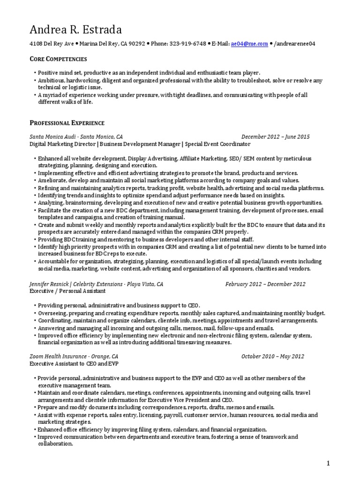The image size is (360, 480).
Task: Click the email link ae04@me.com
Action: (x=249, y=44)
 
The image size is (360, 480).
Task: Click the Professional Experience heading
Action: (x=67, y=123)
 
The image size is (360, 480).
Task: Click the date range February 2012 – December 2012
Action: (x=265, y=284)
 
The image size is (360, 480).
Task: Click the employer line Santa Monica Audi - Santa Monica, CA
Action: (x=76, y=137)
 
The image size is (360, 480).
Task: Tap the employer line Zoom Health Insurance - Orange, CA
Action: (x=74, y=356)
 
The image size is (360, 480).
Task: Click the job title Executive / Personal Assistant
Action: (x=67, y=291)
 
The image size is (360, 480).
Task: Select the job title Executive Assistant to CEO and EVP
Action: (x=75, y=363)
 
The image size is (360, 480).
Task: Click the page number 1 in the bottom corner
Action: (x=329, y=464)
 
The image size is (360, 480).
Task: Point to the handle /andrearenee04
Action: (x=295, y=44)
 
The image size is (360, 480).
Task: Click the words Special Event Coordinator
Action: (x=218, y=144)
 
